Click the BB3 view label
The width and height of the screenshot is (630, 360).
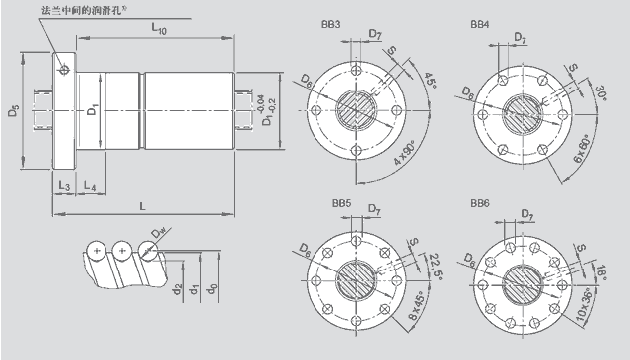pyautogui.click(x=330, y=25)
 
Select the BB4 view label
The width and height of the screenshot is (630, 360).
pyautogui.click(x=480, y=25)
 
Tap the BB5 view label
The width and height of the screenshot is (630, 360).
pyautogui.click(x=341, y=203)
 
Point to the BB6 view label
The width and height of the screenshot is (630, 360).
pyautogui.click(x=480, y=203)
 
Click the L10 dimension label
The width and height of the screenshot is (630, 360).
pyautogui.click(x=159, y=29)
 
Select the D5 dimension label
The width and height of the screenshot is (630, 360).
pyautogui.click(x=14, y=110)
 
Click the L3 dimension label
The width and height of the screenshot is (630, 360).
pyautogui.click(x=64, y=185)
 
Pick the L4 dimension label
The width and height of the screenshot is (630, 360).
pyautogui.click(x=90, y=185)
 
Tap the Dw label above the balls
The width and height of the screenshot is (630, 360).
pyautogui.click(x=158, y=233)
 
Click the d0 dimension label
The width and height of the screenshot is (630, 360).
pyautogui.click(x=212, y=288)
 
